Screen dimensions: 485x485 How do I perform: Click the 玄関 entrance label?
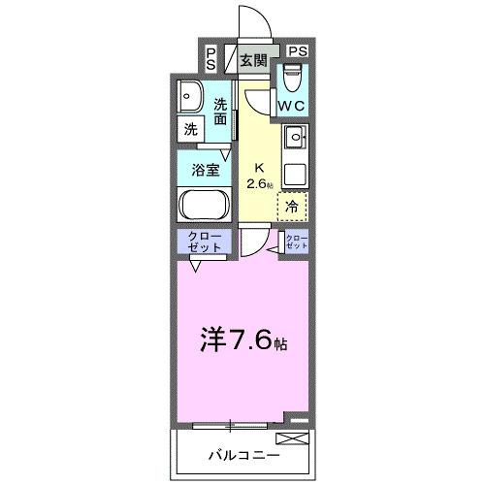(252, 60)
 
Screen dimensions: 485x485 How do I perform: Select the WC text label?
(294, 105)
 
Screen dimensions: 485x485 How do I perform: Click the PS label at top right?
(297, 50)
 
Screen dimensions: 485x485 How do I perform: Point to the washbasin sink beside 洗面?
(189, 97)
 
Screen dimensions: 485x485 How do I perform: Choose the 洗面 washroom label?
(221, 113)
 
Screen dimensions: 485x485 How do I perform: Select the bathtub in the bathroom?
(202, 206)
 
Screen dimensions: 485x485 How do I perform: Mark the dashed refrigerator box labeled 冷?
(292, 206)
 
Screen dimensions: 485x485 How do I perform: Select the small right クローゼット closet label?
(296, 242)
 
